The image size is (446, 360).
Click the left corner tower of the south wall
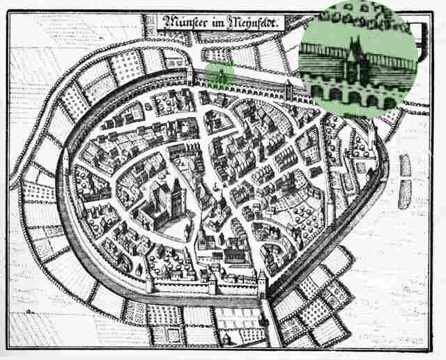[149, 283]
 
